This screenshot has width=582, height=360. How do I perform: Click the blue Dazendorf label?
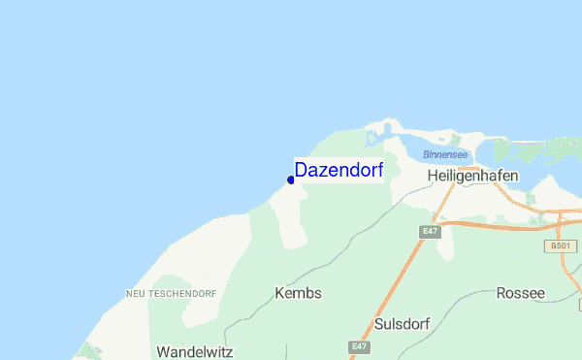click(x=339, y=170)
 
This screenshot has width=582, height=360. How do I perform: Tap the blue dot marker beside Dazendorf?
click(x=291, y=180)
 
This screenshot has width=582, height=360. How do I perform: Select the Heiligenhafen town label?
click(x=472, y=176)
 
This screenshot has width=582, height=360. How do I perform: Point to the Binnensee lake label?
click(x=446, y=154)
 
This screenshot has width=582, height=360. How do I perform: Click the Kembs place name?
click(x=298, y=293)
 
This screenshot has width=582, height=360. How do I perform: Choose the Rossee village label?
click(x=520, y=293)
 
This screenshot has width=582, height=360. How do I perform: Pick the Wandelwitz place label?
click(x=194, y=351)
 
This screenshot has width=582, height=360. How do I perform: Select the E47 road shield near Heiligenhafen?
click(x=431, y=231)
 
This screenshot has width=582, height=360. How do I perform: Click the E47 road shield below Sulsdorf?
click(x=360, y=346)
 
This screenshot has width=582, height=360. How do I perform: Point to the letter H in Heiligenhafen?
click(x=433, y=176)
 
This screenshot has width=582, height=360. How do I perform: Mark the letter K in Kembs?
click(x=280, y=293)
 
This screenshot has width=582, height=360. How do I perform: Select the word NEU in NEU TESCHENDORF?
click(x=136, y=293)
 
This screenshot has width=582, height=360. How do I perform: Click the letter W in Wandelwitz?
click(x=162, y=351)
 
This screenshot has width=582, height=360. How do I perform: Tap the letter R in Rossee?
click(x=501, y=293)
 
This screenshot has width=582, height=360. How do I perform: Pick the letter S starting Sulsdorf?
click(x=379, y=324)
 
